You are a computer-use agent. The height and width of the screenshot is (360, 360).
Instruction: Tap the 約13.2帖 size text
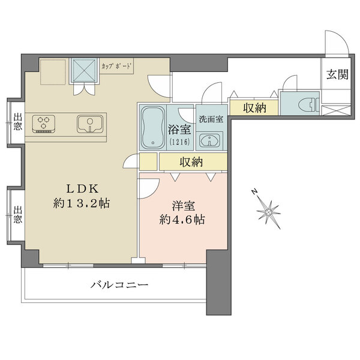pyautogui.click(x=81, y=203)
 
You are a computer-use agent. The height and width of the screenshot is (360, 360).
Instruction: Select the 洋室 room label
pyautogui.click(x=182, y=205)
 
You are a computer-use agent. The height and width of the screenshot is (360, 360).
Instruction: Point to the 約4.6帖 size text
pyautogui.click(x=182, y=220)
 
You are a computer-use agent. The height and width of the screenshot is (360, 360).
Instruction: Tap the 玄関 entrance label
pyautogui.click(x=336, y=75)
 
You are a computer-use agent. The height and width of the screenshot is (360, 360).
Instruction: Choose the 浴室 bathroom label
pyautogui.click(x=178, y=129)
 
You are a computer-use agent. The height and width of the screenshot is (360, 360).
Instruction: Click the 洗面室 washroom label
pyautogui.click(x=211, y=118)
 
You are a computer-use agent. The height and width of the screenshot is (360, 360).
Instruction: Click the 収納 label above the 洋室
pyautogui.click(x=191, y=162)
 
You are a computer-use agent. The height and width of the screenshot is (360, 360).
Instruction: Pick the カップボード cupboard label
pyautogui.click(x=116, y=66)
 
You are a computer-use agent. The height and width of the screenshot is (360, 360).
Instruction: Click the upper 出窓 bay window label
pyautogui.click(x=17, y=122)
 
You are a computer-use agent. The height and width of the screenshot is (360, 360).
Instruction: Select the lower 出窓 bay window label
pyautogui.click(x=17, y=214)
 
